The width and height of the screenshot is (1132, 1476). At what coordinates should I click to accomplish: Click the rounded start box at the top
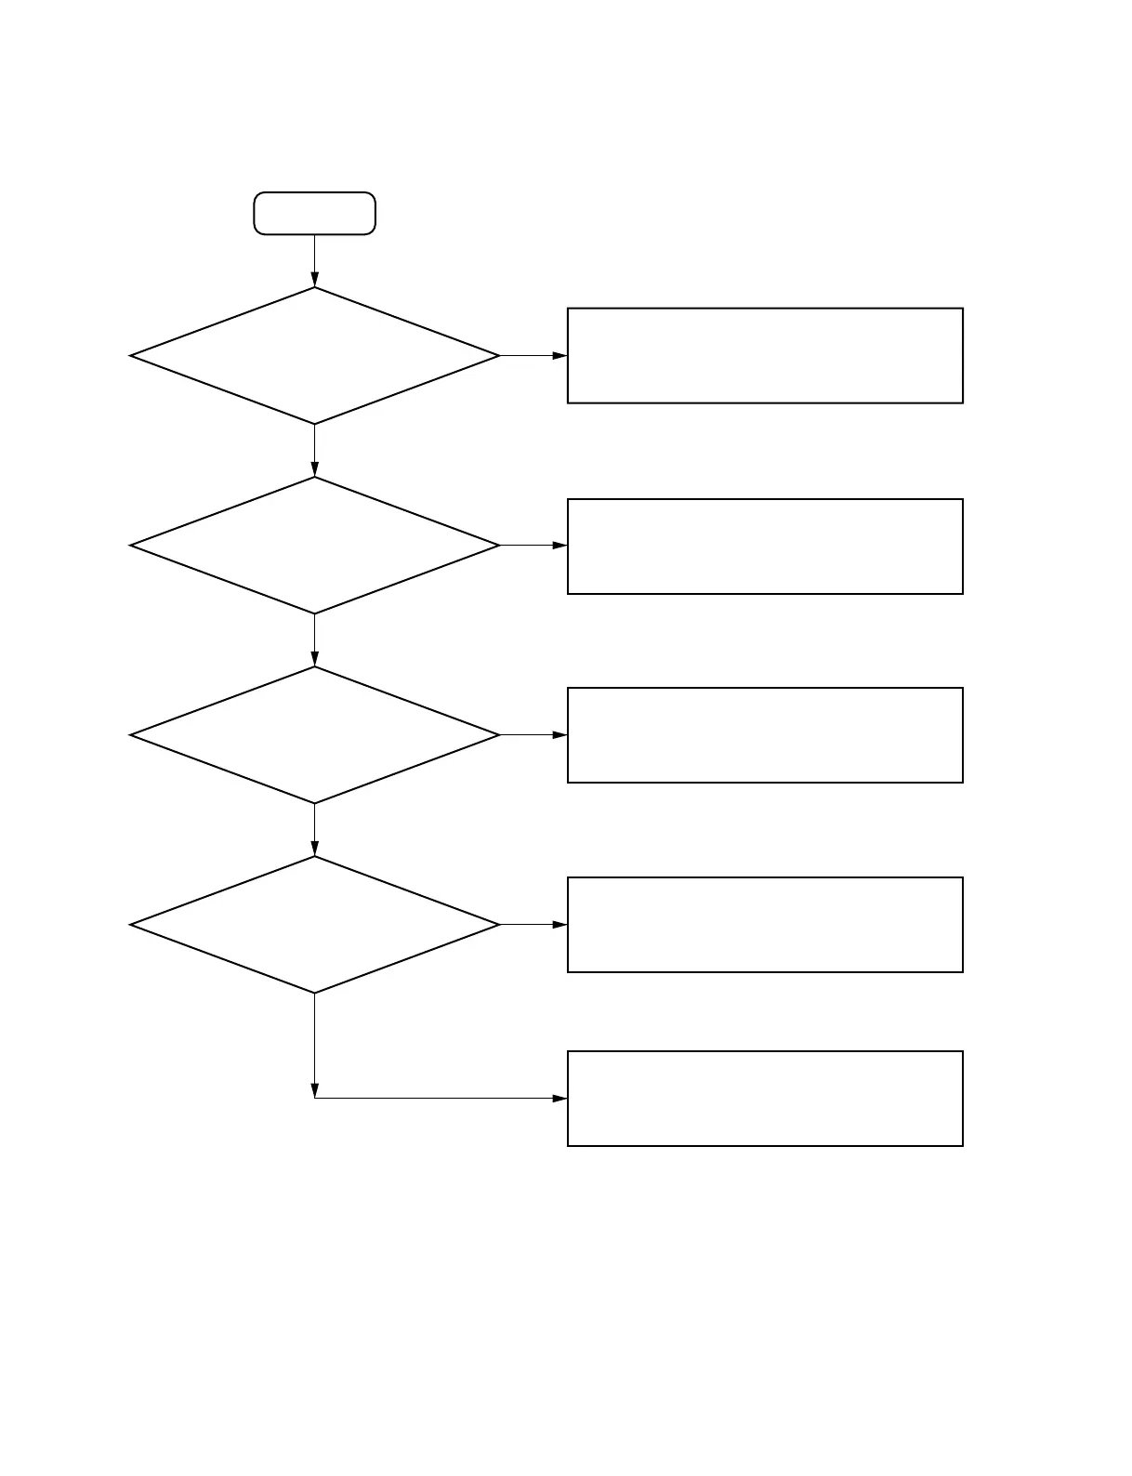pyautogui.click(x=314, y=214)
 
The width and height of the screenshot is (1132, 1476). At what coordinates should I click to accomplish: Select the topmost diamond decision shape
pyautogui.click(x=314, y=356)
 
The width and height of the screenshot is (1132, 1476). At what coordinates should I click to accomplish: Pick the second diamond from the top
pyautogui.click(x=314, y=546)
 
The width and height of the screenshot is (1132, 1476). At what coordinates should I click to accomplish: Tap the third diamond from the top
pyautogui.click(x=314, y=735)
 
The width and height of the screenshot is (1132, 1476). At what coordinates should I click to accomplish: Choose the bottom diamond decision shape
pyautogui.click(x=314, y=925)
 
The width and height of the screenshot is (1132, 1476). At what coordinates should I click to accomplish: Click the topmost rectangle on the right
pyautogui.click(x=765, y=356)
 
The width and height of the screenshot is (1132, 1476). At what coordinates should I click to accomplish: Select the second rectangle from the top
pyautogui.click(x=765, y=547)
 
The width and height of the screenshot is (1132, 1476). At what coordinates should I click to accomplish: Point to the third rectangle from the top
pyautogui.click(x=765, y=735)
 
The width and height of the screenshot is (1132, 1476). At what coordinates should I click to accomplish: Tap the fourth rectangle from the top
pyautogui.click(x=765, y=925)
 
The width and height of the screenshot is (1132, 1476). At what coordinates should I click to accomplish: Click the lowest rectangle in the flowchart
pyautogui.click(x=765, y=1099)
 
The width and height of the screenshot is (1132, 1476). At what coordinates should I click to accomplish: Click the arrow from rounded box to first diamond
pyautogui.click(x=314, y=261)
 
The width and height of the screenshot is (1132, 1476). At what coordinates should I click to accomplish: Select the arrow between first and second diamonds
pyautogui.click(x=314, y=451)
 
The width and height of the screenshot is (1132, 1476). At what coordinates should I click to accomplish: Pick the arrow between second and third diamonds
pyautogui.click(x=314, y=640)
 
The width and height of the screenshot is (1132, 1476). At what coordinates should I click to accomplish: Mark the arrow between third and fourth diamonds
pyautogui.click(x=314, y=830)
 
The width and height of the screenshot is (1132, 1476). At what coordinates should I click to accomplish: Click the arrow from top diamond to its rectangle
pyautogui.click(x=533, y=356)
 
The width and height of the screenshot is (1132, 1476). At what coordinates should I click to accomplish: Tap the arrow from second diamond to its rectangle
pyautogui.click(x=533, y=546)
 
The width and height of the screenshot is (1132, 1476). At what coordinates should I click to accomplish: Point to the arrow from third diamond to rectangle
pyautogui.click(x=533, y=735)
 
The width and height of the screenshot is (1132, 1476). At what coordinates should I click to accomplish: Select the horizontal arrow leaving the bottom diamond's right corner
pyautogui.click(x=533, y=925)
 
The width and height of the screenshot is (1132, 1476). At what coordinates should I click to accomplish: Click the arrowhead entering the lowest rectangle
pyautogui.click(x=559, y=1099)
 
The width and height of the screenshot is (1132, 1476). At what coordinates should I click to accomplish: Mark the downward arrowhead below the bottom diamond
pyautogui.click(x=314, y=1090)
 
